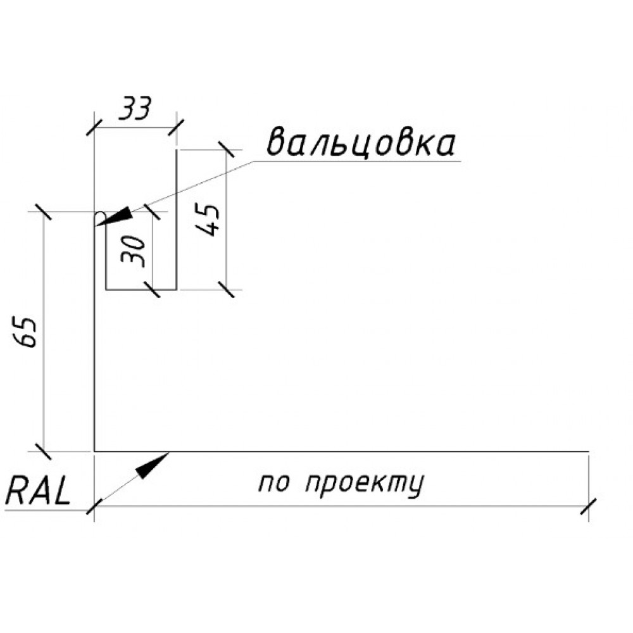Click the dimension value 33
[134, 109]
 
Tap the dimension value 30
[133, 251]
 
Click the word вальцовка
[361, 143]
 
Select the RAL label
[38, 490]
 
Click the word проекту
[365, 484]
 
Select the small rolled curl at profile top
[100, 218]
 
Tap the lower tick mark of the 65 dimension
[43, 451]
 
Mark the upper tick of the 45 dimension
[226, 150]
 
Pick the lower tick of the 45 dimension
[226, 289]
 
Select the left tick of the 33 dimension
[94, 128]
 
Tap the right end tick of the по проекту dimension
[588, 506]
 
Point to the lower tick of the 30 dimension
[152, 289]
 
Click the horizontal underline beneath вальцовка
[357, 161]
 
